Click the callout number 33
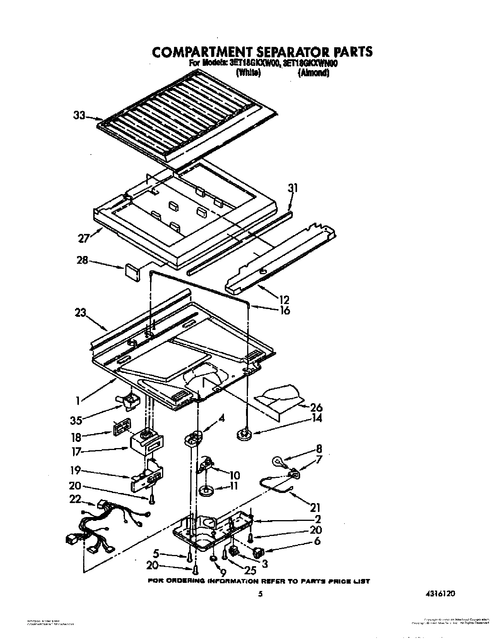[79, 115]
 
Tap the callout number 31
[293, 189]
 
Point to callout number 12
[284, 299]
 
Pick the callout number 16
[284, 310]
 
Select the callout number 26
[316, 407]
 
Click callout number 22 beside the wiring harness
[75, 500]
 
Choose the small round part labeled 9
[212, 559]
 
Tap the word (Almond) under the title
[313, 72]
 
